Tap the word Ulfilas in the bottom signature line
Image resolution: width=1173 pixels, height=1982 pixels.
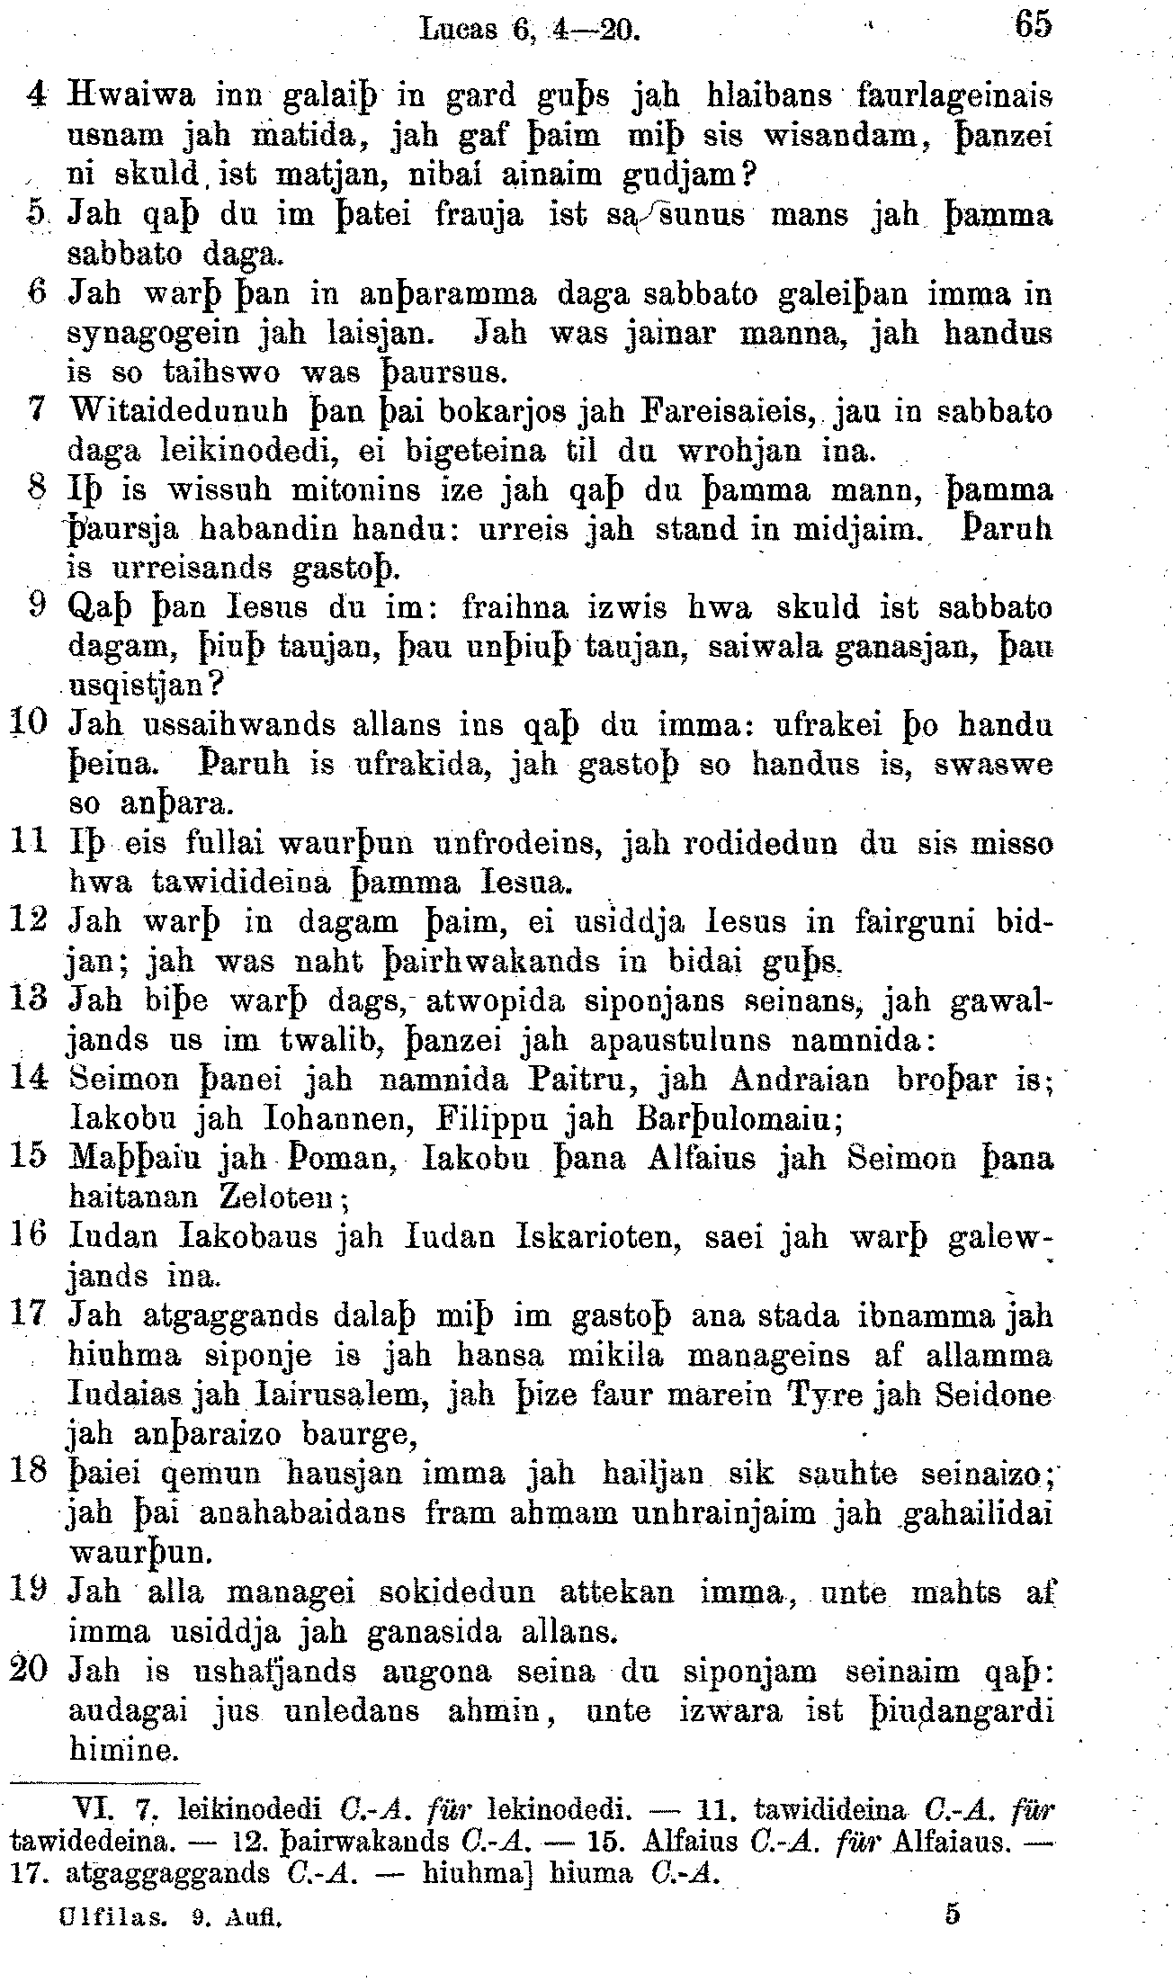[x=112, y=1917]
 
